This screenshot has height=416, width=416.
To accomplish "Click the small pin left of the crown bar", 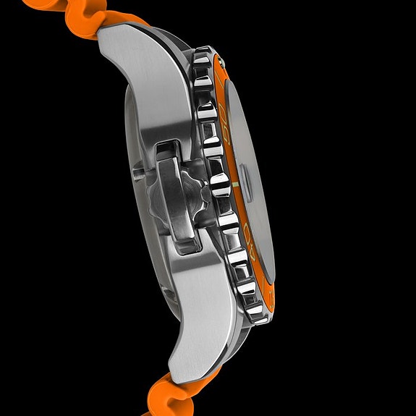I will [137, 173].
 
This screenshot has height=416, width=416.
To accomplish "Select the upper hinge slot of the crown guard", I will [164, 149].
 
